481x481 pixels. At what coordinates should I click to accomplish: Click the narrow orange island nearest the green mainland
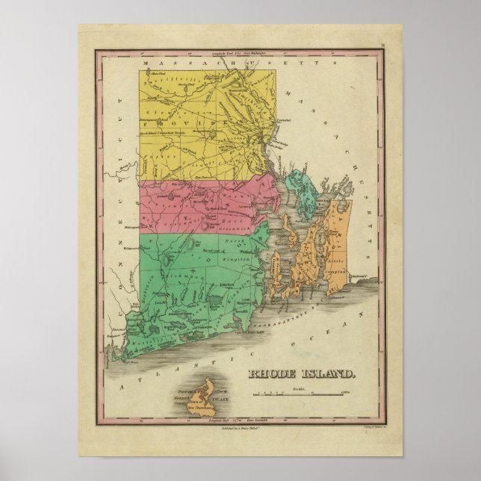[274, 266]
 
